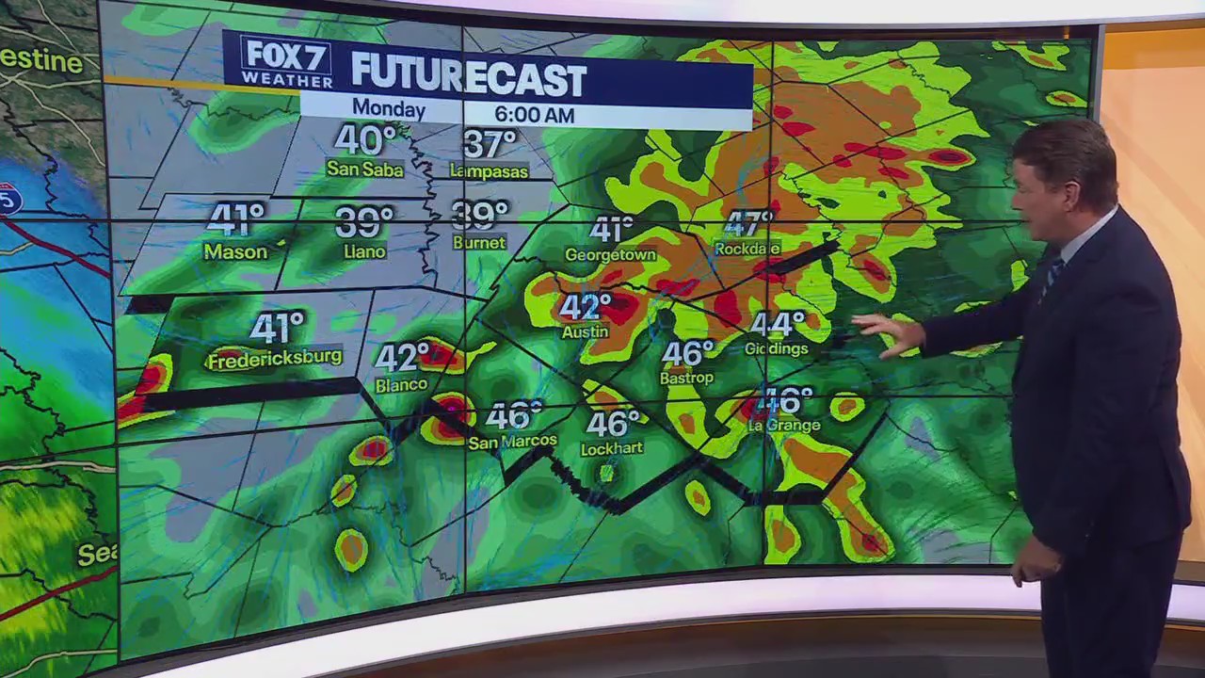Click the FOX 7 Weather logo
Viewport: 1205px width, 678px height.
286,62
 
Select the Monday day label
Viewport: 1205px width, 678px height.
389,110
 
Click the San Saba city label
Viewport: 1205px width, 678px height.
364,169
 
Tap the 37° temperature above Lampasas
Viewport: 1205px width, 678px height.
490,144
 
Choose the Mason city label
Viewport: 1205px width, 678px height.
235,251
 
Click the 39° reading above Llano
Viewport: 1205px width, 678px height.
364,222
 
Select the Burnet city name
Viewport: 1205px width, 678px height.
478,243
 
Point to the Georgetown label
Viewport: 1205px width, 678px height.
610,255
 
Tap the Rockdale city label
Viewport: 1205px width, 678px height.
747,249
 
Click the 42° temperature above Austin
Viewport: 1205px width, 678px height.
586,306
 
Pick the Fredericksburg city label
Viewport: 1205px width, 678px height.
274,360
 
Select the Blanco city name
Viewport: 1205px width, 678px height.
401,385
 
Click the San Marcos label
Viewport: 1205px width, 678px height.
513,442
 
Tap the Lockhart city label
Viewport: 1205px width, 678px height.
611,449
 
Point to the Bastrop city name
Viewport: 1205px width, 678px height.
687,378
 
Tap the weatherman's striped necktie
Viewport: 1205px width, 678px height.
1052,274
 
